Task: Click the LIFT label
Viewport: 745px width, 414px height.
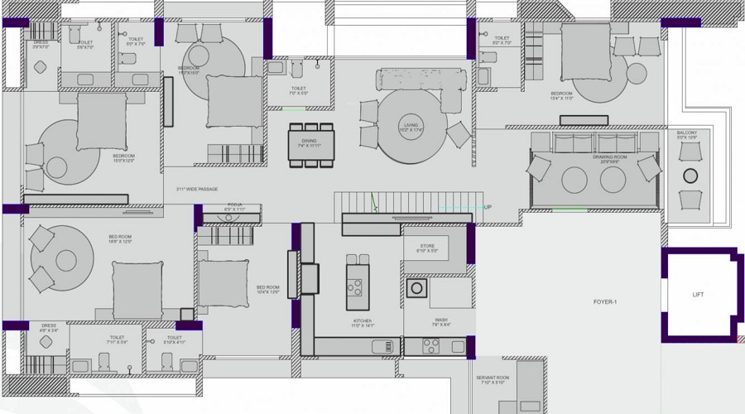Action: [698, 295]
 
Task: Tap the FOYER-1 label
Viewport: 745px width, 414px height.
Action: [605, 302]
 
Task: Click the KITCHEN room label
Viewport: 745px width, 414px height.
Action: [362, 320]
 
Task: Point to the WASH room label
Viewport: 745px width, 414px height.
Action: [440, 320]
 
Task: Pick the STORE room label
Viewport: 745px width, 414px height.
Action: [427, 246]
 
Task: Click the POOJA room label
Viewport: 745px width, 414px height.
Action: [234, 207]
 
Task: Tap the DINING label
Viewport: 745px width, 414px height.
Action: [309, 141]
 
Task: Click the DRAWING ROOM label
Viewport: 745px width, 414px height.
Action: [610, 156]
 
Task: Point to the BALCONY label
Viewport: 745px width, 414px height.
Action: [687, 133]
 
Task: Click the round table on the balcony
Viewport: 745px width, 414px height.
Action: [690, 176]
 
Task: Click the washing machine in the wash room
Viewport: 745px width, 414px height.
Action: [416, 288]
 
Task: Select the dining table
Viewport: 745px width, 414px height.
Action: [311, 145]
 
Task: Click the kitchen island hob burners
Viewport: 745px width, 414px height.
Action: [355, 287]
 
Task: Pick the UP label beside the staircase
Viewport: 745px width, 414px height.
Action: [488, 206]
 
